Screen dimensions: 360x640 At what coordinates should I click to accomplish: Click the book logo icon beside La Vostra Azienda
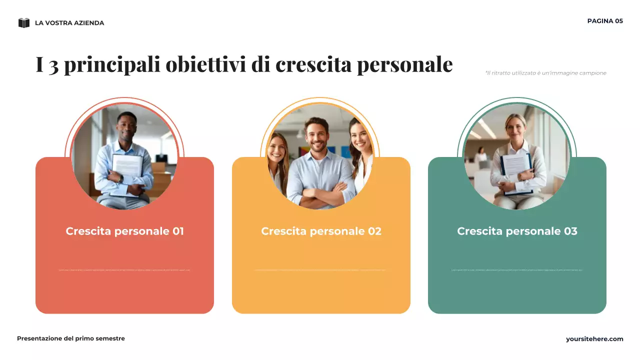[24, 22]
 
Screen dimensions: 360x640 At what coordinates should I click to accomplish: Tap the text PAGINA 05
[605, 21]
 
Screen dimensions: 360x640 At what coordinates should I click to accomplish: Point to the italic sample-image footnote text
[545, 73]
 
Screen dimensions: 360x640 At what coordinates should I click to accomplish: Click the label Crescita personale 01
[124, 231]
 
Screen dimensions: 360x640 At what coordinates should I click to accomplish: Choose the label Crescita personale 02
[321, 231]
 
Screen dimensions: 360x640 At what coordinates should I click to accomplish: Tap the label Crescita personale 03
[517, 231]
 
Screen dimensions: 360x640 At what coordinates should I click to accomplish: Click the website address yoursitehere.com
[594, 339]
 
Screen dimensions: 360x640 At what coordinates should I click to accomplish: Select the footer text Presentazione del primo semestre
[71, 338]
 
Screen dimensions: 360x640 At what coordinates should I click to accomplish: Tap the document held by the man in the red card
[127, 167]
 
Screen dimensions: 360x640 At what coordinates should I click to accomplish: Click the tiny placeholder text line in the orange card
[320, 270]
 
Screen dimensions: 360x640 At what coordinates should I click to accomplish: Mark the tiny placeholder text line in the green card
[517, 270]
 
